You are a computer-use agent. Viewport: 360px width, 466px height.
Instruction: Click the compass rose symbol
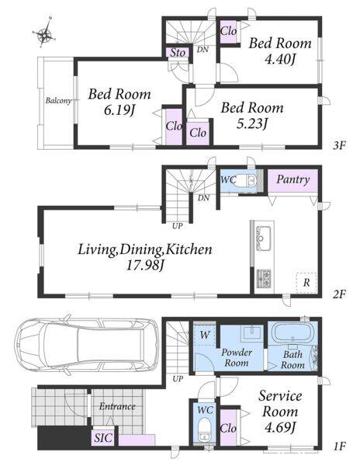[x=44, y=33]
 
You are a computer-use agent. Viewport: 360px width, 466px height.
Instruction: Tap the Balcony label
[x=58, y=101]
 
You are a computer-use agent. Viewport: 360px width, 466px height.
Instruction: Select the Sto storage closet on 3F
[x=178, y=52]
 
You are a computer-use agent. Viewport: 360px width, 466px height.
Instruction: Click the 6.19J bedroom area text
[x=119, y=111]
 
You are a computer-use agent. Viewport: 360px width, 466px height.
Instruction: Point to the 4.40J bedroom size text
[x=280, y=60]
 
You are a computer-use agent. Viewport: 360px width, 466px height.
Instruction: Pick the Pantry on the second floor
[x=293, y=180]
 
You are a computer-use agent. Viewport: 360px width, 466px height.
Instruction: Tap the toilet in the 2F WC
[x=247, y=180]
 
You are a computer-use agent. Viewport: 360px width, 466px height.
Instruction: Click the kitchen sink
[x=264, y=238]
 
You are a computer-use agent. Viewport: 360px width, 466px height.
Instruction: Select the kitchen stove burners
[x=264, y=279]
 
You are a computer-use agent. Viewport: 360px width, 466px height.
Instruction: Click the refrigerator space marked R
[x=306, y=283]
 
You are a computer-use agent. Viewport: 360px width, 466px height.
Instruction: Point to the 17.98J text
[x=145, y=265]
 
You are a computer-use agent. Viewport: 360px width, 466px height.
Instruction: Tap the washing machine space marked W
[x=204, y=336]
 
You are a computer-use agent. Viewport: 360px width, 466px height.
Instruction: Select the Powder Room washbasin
[x=253, y=333]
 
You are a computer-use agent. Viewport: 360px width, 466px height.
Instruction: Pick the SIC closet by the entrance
[x=104, y=438]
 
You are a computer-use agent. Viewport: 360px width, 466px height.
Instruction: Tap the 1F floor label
[x=338, y=447]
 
